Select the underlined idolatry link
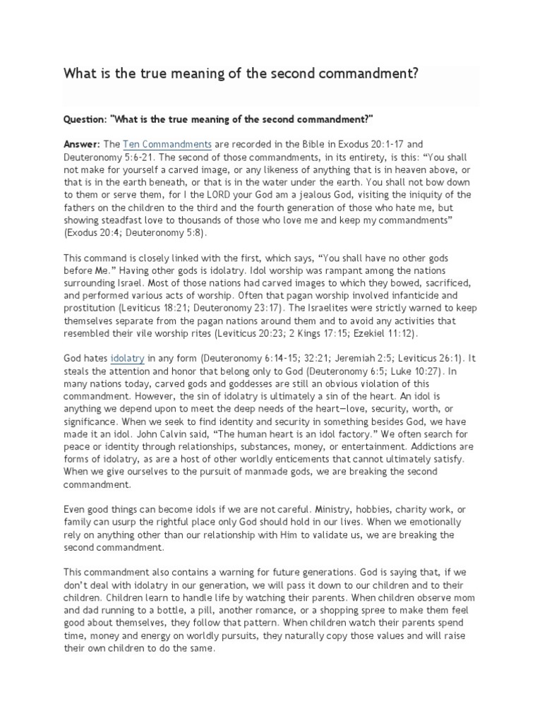128,359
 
